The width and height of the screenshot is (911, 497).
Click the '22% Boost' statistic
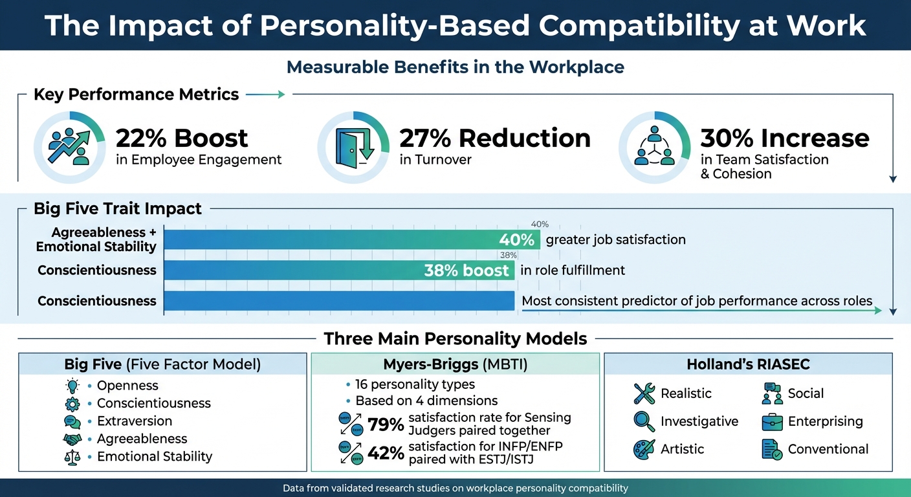(x=181, y=138)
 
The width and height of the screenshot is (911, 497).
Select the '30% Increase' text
(x=785, y=138)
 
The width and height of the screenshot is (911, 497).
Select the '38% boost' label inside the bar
(x=466, y=270)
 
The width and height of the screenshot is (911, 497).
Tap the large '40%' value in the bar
(x=516, y=240)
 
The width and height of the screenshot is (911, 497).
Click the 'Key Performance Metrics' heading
(x=136, y=94)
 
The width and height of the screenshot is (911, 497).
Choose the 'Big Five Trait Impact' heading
(x=118, y=209)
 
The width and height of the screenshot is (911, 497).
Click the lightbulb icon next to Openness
(x=72, y=386)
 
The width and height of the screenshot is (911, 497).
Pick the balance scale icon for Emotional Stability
(x=72, y=456)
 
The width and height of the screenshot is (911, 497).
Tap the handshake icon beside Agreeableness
(x=72, y=439)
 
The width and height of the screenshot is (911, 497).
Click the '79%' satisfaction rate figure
(x=386, y=425)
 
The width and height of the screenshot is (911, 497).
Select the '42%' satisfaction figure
(x=386, y=453)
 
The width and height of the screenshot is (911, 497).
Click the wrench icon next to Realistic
(x=644, y=393)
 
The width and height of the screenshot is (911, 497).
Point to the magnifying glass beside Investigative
(x=644, y=421)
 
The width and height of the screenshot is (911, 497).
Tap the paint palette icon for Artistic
(x=644, y=449)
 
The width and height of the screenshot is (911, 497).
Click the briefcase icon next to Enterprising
(x=772, y=421)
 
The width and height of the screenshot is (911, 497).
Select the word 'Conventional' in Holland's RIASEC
(x=828, y=449)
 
